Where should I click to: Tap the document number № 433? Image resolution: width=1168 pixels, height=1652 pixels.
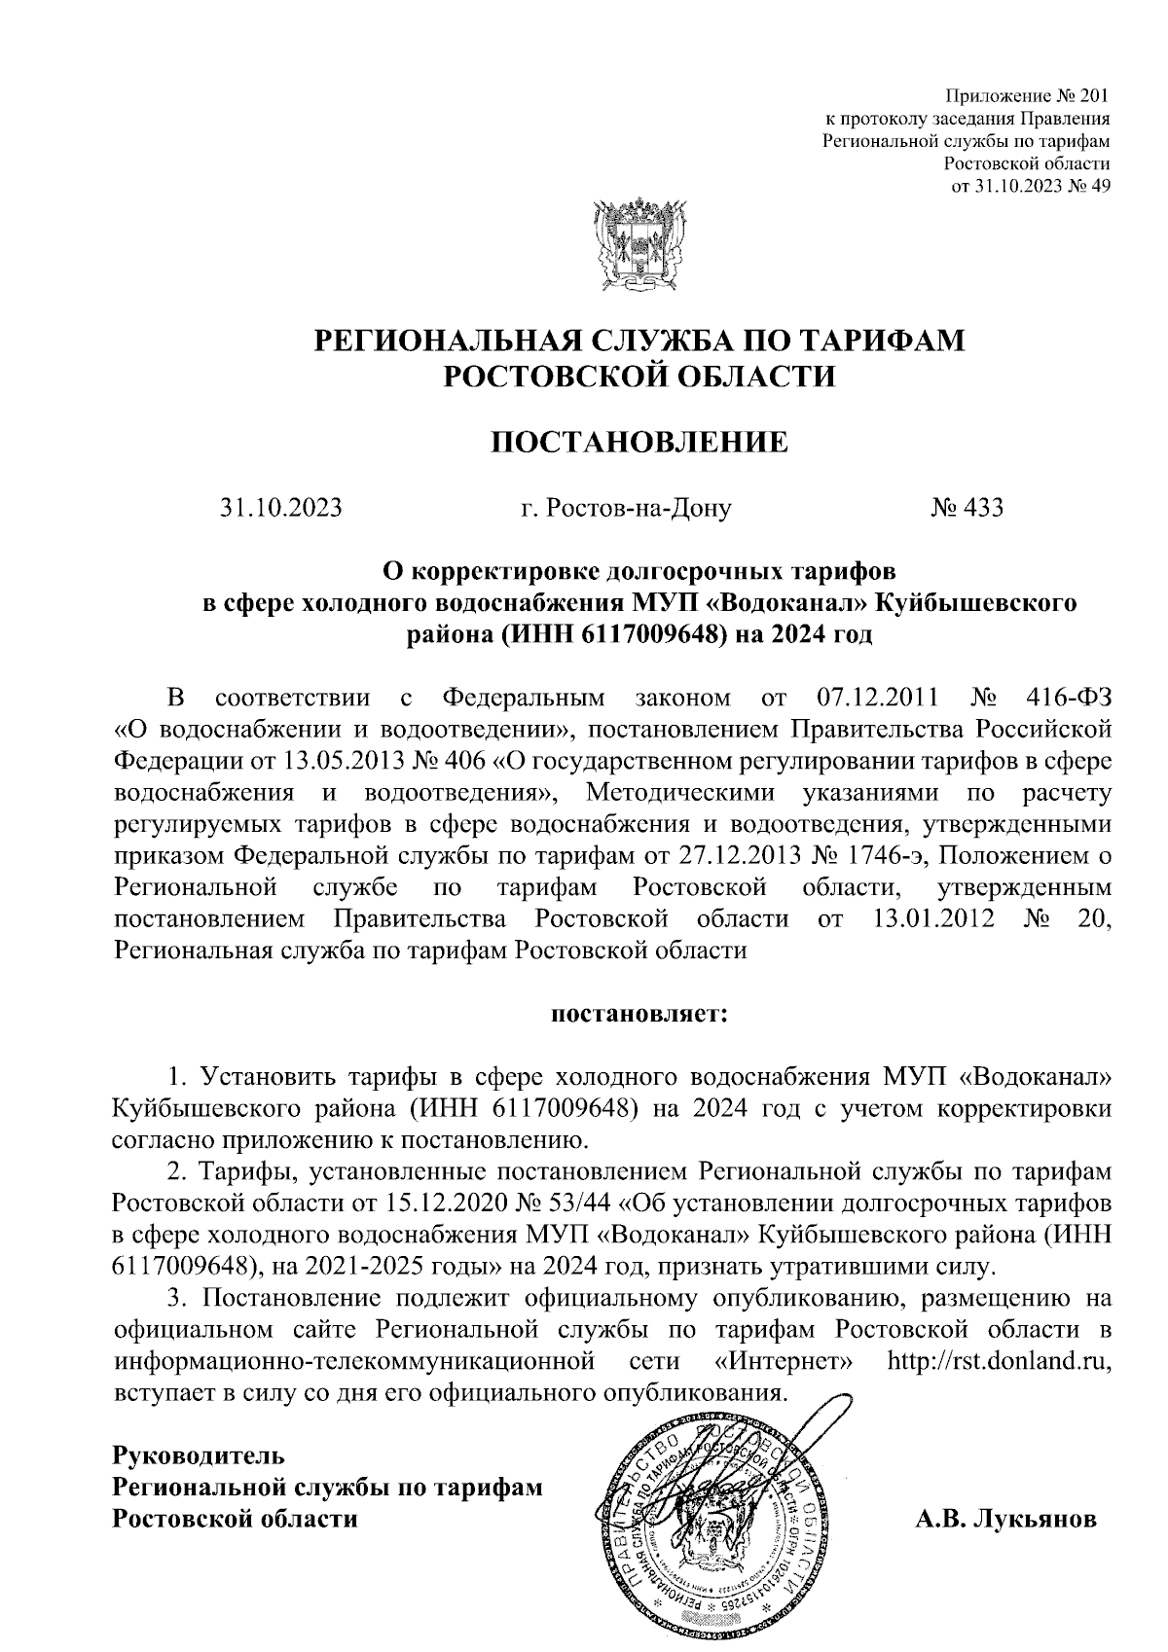[x=967, y=507]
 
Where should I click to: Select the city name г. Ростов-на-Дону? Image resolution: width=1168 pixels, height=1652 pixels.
[x=625, y=508]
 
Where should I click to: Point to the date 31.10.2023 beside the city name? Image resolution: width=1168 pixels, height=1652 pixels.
[x=281, y=507]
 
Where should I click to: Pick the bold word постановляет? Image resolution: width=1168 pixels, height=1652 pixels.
[x=639, y=1015]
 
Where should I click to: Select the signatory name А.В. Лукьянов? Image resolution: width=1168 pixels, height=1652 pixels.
[x=1006, y=1519]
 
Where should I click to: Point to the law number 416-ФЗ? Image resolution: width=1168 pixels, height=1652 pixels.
[x=1069, y=698]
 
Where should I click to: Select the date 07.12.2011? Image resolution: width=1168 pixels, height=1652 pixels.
[x=872, y=698]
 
